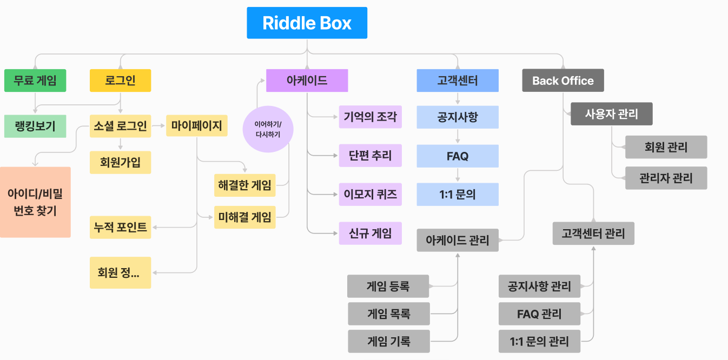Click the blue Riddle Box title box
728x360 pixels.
point(307,23)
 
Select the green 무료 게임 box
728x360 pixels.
point(35,81)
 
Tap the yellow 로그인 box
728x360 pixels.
point(120,81)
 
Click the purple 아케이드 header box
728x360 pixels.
point(307,81)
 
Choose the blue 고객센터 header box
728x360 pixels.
point(458,81)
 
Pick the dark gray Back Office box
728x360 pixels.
point(562,81)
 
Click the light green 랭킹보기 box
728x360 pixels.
point(35,126)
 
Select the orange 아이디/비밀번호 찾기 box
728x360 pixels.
point(35,202)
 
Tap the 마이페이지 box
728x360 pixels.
point(197,126)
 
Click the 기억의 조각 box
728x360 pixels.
point(370,117)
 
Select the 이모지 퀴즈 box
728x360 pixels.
point(370,195)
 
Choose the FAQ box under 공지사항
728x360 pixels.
point(458,156)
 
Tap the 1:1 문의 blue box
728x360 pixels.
point(458,195)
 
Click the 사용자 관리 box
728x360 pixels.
point(611,114)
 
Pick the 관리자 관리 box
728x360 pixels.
point(666,178)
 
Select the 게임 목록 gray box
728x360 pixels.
point(388,314)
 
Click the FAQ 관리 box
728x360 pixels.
point(539,314)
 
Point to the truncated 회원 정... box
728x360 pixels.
point(120,272)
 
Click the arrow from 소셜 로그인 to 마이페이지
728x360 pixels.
point(158,126)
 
